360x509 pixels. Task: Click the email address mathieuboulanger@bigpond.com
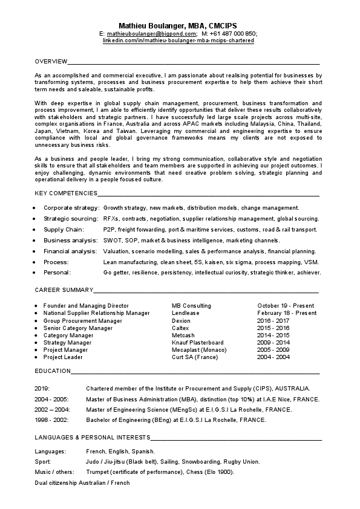pos(148,34)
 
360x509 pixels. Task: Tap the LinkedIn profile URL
pos(179,41)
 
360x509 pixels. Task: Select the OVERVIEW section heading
pos(50,62)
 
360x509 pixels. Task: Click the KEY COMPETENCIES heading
pos(66,193)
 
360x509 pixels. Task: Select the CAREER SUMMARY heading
pos(64,290)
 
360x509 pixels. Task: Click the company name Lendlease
pos(185,313)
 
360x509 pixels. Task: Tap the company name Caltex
pos(181,328)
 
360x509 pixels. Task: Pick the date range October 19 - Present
pos(286,306)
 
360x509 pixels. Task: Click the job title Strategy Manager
pos(68,342)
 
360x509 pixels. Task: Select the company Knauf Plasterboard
pos(197,342)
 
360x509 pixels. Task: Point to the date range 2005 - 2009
pos(273,349)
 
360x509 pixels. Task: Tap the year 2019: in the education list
pos(42,388)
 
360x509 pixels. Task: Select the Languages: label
pos(50,452)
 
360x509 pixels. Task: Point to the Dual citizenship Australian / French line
pos(82,483)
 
